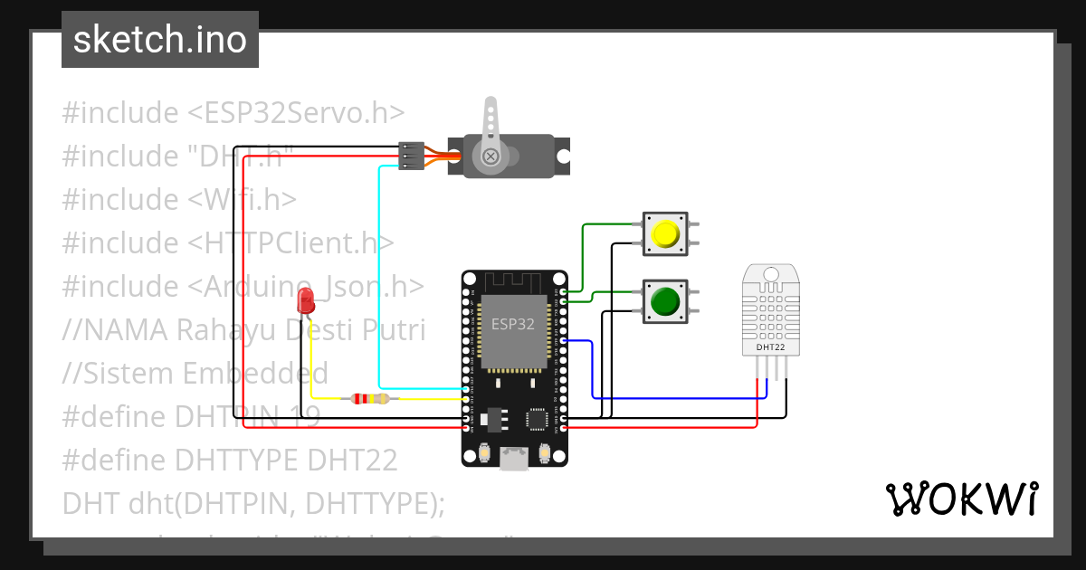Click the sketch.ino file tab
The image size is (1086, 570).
pyautogui.click(x=160, y=40)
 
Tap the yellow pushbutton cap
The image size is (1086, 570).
pyautogui.click(x=665, y=234)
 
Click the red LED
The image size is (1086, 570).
pyautogui.click(x=307, y=300)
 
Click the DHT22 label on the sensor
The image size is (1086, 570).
pyautogui.click(x=770, y=347)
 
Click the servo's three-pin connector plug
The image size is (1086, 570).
pyautogui.click(x=412, y=156)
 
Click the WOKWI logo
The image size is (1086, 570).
pyautogui.click(x=961, y=499)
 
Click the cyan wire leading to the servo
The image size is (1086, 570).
pyautogui.click(x=378, y=271)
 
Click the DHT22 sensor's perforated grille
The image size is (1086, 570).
pyautogui.click(x=770, y=308)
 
